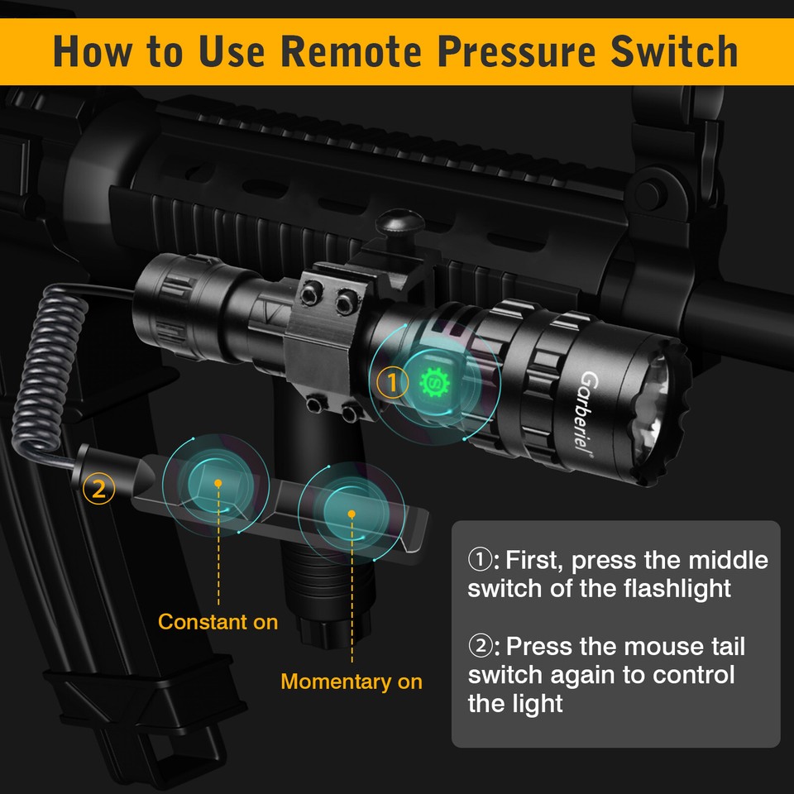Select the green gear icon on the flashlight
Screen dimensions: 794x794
click(x=433, y=382)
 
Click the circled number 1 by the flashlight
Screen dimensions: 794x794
click(x=393, y=382)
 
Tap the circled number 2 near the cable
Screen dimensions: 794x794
click(x=98, y=488)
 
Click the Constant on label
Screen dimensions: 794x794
click(x=218, y=621)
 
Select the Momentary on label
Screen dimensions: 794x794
click(x=352, y=682)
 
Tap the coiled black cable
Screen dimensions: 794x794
click(x=41, y=364)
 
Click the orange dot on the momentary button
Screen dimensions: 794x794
click(x=352, y=514)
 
